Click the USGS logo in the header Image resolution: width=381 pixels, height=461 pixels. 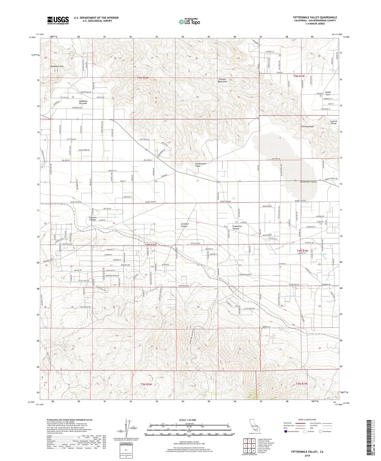tap(58, 20)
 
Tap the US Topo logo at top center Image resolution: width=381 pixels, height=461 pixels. tap(189, 22)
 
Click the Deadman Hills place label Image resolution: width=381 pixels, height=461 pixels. tap(57, 66)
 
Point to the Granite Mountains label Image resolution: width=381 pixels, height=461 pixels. tap(223, 80)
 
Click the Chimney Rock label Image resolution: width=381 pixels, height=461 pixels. tap(307, 126)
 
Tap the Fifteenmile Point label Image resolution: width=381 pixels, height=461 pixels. tap(200, 165)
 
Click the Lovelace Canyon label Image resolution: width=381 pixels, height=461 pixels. tap(184, 225)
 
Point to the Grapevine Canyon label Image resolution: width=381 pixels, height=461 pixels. tap(236, 227)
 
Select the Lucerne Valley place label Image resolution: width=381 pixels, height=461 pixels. tap(333, 122)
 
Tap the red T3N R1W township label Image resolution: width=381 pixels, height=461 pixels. tap(302, 384)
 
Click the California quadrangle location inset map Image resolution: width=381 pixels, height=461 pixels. tap(255, 428)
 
